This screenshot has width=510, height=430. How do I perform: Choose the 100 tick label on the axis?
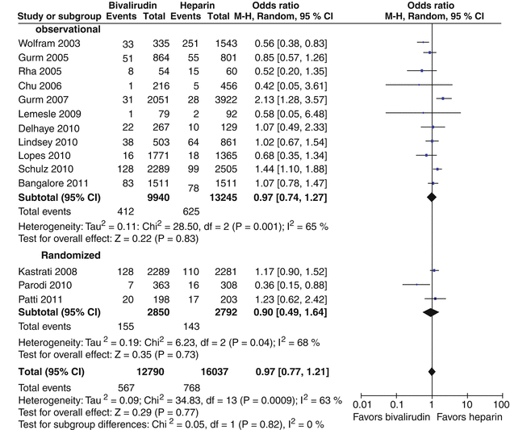[500, 403]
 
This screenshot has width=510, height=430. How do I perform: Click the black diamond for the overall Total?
[432, 371]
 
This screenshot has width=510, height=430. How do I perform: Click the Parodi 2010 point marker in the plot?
[416, 284]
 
